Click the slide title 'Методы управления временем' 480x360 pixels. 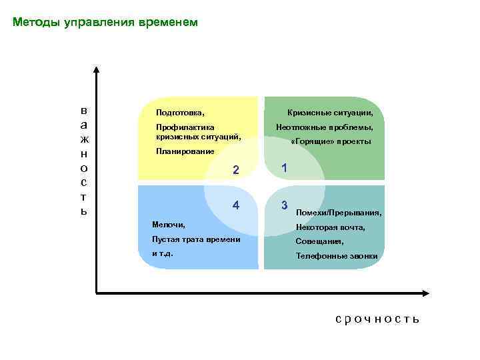105,23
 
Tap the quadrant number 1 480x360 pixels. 285,169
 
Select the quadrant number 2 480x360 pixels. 235,170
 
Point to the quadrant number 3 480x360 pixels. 285,205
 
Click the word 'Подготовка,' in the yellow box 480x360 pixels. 179,113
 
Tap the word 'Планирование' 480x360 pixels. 185,151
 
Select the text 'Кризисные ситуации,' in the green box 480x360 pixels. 330,113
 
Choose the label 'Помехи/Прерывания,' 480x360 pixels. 339,213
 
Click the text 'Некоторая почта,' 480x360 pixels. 331,227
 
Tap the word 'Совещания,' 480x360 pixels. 320,241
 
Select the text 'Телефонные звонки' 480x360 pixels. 337,256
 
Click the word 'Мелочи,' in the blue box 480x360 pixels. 169,225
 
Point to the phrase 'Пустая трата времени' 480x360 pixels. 196,239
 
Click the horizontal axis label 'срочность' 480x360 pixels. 377,319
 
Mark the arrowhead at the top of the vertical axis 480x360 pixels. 97,70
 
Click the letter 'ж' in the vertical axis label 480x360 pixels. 83,139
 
